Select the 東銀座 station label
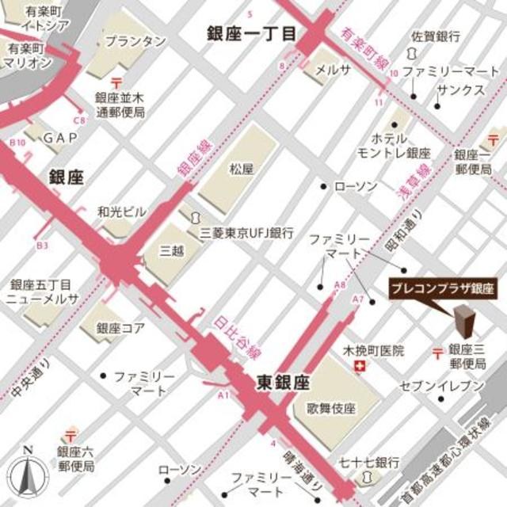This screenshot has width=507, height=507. tap(282, 383)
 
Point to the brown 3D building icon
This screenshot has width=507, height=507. tap(464, 322)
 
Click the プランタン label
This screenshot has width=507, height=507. tap(135, 40)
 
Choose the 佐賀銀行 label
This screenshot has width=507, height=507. tap(436, 36)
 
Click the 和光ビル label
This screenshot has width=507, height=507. tap(121, 212)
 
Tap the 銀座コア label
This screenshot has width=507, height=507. tap(120, 327)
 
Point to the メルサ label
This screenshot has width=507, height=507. tap(334, 70)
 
